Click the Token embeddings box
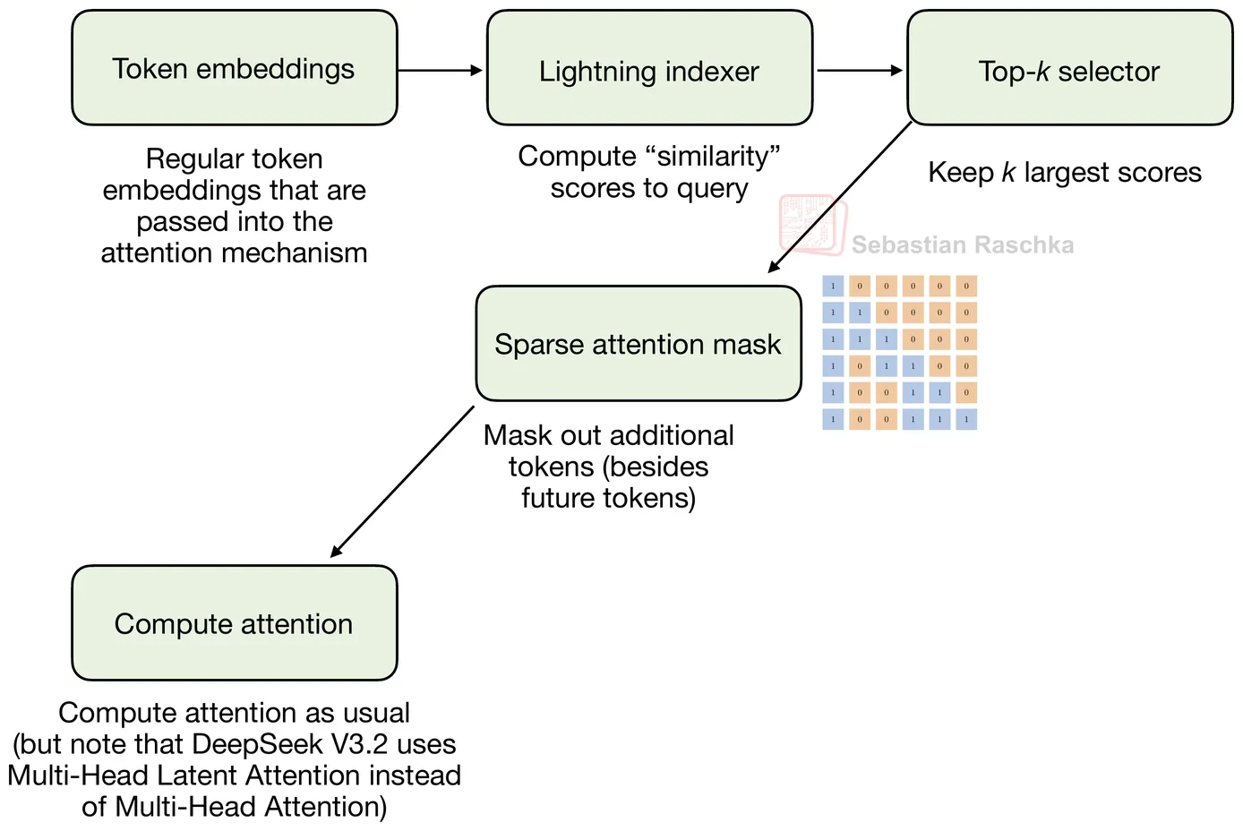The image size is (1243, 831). point(234,68)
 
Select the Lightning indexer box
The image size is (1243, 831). point(649,69)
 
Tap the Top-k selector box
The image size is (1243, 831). point(1069,69)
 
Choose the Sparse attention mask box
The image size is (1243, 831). point(638,344)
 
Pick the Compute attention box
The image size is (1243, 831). point(234,623)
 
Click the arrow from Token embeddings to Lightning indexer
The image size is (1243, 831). point(440,70)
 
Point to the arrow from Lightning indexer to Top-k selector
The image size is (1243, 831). point(860,70)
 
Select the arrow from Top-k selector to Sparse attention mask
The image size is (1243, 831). point(840,197)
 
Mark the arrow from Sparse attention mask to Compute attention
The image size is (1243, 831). point(402,482)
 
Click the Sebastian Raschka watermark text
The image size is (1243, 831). point(962,244)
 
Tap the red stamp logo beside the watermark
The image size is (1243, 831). point(811,225)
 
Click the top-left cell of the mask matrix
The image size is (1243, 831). point(833,287)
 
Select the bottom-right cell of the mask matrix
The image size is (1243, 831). point(965,419)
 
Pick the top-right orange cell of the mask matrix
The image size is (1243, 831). point(965,287)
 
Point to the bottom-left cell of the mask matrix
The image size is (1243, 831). point(833,419)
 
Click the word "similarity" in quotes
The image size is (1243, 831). point(713,157)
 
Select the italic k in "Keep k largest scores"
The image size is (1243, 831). point(1008,172)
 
